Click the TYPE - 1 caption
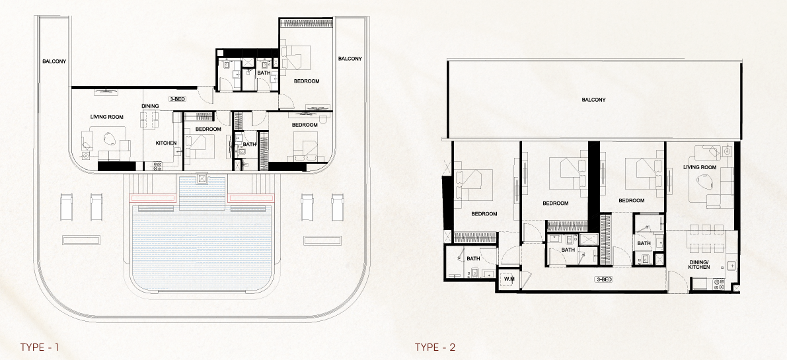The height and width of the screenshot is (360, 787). point(40,347)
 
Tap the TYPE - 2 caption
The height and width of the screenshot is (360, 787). point(435,347)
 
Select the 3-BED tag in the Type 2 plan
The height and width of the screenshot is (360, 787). point(604,279)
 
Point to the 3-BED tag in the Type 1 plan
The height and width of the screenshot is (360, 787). point(178,99)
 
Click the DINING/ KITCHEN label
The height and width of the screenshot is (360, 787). point(699,264)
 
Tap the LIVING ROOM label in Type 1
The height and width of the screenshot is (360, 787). point(107,117)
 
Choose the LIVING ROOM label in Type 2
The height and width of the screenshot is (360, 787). point(700,167)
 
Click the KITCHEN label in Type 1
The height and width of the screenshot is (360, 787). point(166,143)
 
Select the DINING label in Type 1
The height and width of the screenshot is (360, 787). point(150,106)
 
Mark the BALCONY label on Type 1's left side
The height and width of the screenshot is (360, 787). point(54,61)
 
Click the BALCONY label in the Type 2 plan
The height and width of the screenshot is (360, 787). point(594,100)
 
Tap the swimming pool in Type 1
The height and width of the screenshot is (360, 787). point(202,246)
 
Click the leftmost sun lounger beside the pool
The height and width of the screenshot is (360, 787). point(66,207)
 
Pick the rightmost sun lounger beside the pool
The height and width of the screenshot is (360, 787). point(338,207)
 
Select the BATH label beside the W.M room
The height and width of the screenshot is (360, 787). point(473,259)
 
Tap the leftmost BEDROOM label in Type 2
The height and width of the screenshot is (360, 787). point(484,214)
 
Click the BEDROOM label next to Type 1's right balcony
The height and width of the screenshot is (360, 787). point(307,81)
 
